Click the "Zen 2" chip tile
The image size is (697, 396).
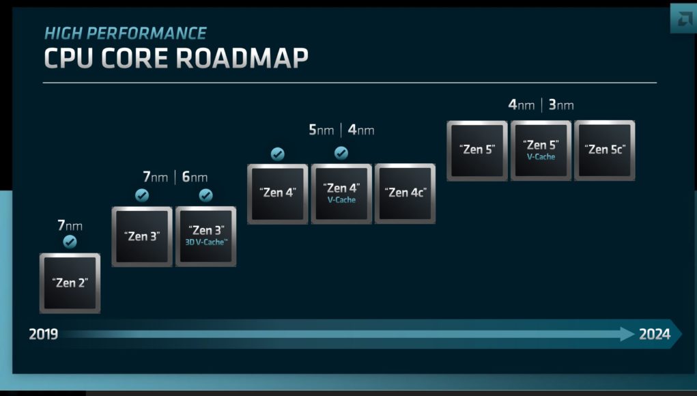click(x=70, y=283)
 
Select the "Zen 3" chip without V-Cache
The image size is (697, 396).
click(x=142, y=236)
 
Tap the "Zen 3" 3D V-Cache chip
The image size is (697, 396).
click(x=205, y=236)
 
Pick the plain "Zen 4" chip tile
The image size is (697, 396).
click(x=278, y=194)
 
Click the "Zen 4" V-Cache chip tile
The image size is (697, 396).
click(x=341, y=194)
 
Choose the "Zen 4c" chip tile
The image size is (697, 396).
click(x=405, y=194)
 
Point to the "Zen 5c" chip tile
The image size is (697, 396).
click(x=605, y=151)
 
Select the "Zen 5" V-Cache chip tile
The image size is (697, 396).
click(x=541, y=151)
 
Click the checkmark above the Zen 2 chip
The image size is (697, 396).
click(x=70, y=242)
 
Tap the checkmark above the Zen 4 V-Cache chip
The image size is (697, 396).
click(x=341, y=153)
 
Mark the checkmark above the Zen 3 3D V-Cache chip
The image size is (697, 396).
click(x=205, y=195)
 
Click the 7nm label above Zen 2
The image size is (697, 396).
click(x=70, y=226)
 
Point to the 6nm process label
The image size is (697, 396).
click(x=195, y=177)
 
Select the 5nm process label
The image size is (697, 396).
click(x=321, y=130)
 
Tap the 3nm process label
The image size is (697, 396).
click(x=561, y=105)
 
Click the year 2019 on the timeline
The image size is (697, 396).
click(x=43, y=335)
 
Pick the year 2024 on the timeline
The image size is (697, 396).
click(x=654, y=335)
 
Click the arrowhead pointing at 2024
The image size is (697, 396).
click(x=627, y=335)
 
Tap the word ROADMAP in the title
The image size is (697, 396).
click(x=242, y=58)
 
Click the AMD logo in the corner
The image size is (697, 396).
click(x=683, y=18)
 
